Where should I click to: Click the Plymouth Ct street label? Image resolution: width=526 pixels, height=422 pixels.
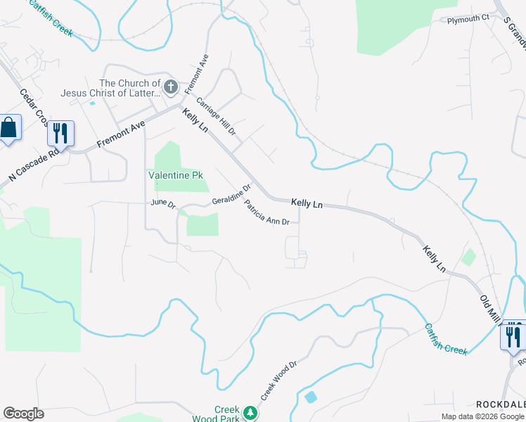(x=468, y=19)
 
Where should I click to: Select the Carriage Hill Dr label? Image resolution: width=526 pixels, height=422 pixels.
(x=215, y=117)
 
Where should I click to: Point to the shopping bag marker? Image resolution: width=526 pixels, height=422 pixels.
(x=8, y=129)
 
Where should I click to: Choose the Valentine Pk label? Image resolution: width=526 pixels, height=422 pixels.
(x=175, y=175)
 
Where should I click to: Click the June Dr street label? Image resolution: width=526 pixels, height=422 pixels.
(x=162, y=203)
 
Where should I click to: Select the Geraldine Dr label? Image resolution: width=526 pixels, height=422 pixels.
(x=232, y=196)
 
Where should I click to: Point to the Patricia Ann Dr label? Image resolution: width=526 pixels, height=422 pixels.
(x=267, y=212)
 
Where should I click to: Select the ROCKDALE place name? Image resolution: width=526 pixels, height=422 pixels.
(x=500, y=404)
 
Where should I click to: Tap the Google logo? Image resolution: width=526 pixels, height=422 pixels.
(x=23, y=414)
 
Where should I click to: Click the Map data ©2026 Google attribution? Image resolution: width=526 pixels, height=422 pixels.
(x=482, y=416)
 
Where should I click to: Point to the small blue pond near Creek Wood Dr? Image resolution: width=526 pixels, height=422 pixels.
(x=311, y=397)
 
